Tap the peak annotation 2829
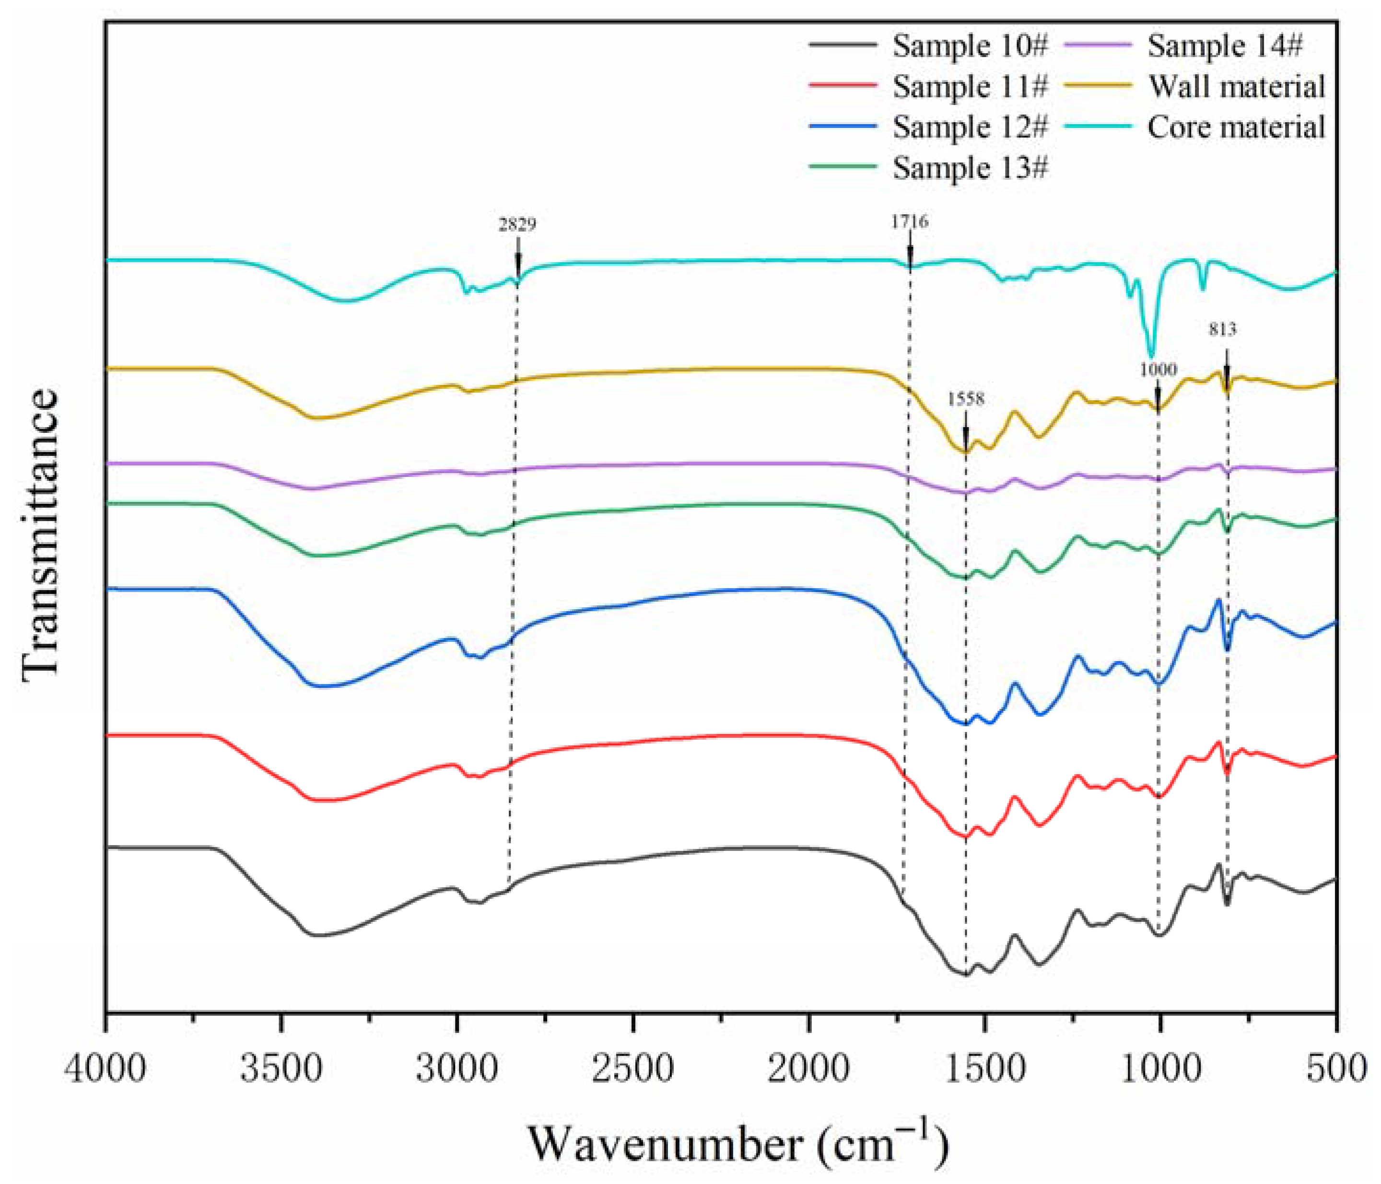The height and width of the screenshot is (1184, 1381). [x=517, y=224]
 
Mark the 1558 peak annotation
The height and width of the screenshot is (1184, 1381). [x=965, y=399]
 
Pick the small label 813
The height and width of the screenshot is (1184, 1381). [x=1223, y=329]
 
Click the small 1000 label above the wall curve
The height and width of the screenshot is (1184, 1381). [x=1158, y=369]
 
